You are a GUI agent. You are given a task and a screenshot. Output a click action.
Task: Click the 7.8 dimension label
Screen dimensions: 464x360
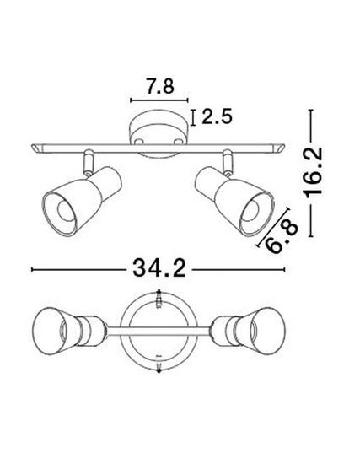pos(159,86)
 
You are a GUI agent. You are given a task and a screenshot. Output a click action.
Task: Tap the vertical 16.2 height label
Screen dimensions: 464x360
pos(314,173)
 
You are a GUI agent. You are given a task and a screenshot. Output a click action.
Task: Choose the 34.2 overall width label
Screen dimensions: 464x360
pos(159,269)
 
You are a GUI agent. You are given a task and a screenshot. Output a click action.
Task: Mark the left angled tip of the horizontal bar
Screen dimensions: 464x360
pos(37,148)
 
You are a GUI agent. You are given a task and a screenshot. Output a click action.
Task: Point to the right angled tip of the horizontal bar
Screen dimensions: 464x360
pos(280,148)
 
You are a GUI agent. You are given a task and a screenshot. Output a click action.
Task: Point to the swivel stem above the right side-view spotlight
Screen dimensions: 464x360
pos(228,159)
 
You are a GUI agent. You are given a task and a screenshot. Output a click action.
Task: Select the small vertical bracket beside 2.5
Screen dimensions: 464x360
pos(196,117)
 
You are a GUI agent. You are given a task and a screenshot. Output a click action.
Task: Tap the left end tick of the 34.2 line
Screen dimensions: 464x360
pos(32,270)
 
